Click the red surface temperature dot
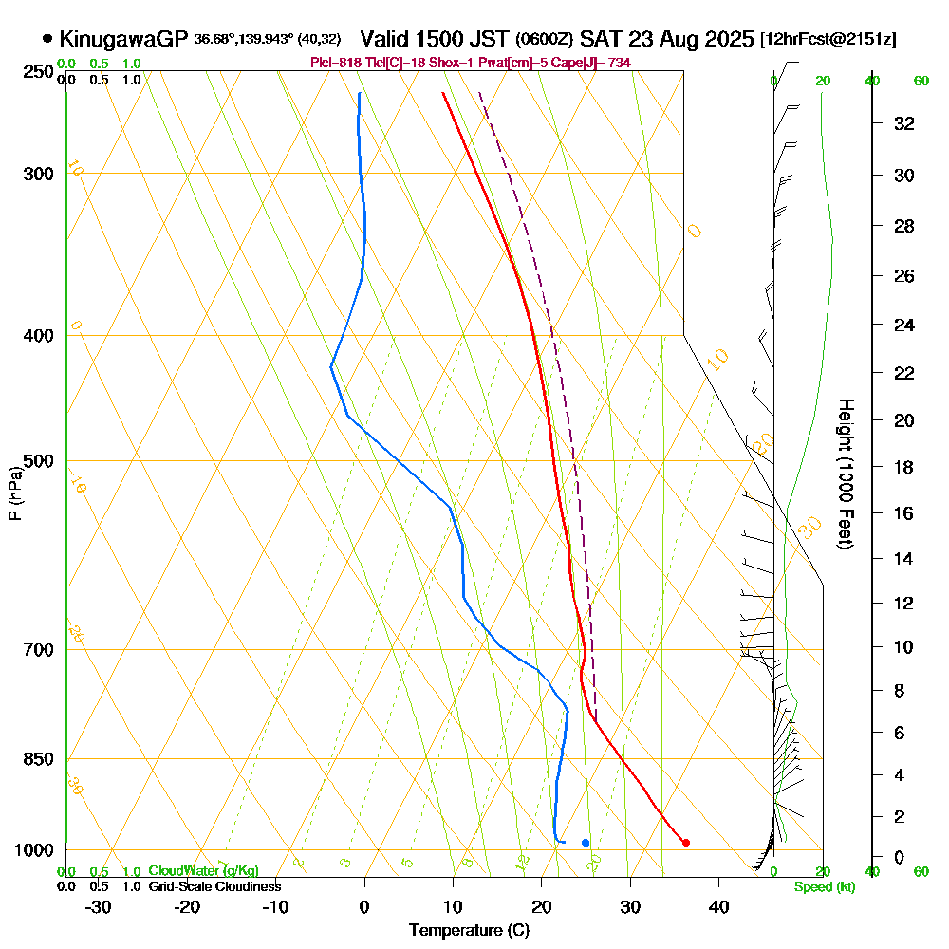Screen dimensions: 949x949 [x=686, y=843]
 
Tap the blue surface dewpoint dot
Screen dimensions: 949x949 [x=586, y=843]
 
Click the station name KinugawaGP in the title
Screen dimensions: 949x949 [x=123, y=39]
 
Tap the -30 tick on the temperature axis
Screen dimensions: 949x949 [x=99, y=907]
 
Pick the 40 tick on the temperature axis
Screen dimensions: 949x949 [x=718, y=907]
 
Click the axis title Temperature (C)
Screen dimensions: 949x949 [x=469, y=931]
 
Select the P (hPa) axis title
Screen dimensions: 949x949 [x=14, y=493]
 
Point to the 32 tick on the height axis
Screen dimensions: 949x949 [x=904, y=123]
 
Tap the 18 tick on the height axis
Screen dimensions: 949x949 [x=904, y=467]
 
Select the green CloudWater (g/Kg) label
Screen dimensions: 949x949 [x=203, y=871]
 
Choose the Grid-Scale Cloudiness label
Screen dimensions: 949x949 [x=214, y=886]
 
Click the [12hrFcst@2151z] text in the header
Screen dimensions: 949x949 [x=828, y=40]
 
